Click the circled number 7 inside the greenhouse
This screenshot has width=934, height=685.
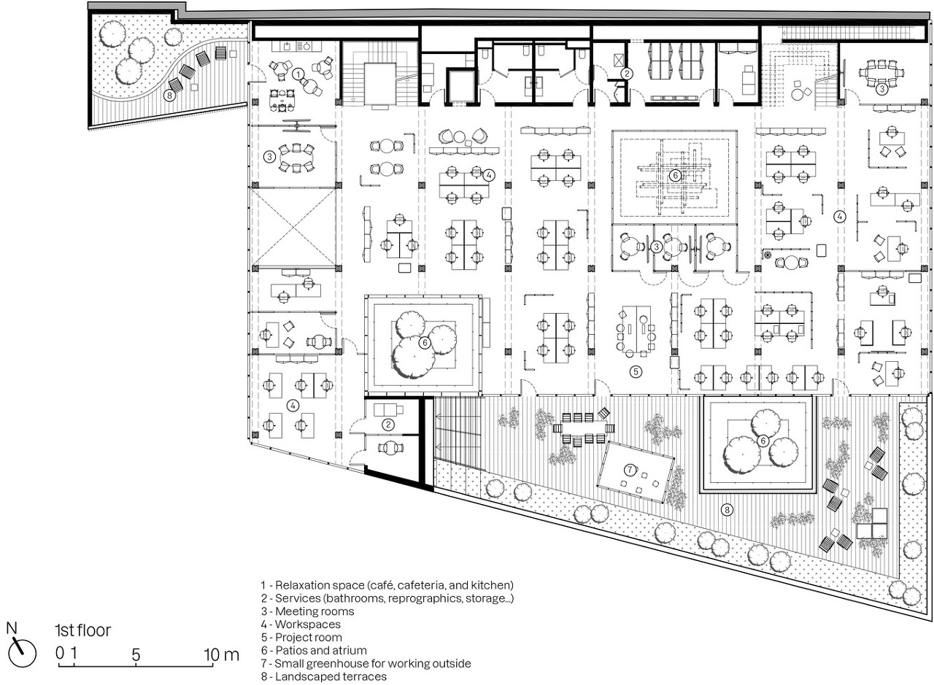click(630, 470)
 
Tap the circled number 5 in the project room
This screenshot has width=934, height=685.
click(636, 371)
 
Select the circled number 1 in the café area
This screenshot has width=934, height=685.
click(298, 74)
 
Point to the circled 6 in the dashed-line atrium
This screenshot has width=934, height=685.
click(675, 176)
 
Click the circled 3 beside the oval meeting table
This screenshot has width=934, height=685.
click(270, 157)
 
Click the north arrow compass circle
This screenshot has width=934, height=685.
click(23, 654)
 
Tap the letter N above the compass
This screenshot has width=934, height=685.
click(12, 628)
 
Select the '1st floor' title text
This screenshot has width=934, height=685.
click(83, 630)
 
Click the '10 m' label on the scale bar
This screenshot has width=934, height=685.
click(222, 655)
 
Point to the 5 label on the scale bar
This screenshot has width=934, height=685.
click(136, 655)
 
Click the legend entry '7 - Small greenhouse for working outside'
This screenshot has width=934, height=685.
click(366, 663)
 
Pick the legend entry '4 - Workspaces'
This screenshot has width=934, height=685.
click(301, 624)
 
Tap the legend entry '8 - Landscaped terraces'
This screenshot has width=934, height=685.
click(324, 676)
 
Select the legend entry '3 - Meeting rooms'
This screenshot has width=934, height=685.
click(308, 611)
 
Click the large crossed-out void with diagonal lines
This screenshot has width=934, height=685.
click(294, 226)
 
